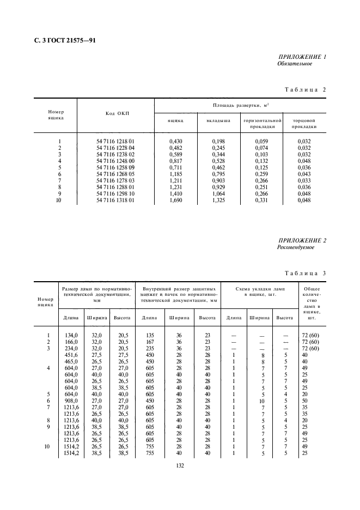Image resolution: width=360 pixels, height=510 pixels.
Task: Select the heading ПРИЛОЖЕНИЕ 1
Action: point(302,57)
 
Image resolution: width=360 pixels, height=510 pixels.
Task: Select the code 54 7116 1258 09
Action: point(115,167)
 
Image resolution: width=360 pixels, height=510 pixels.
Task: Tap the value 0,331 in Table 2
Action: point(261,200)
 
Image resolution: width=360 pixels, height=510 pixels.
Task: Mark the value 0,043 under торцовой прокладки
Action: point(304,174)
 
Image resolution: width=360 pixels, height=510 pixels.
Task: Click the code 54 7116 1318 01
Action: point(115,200)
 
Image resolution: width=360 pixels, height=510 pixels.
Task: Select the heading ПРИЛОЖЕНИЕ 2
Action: point(302,240)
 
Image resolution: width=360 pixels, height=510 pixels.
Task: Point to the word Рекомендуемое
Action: point(296,247)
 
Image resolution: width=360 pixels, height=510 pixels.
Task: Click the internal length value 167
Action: point(149,342)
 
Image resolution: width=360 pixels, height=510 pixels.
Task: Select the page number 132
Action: point(180,465)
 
